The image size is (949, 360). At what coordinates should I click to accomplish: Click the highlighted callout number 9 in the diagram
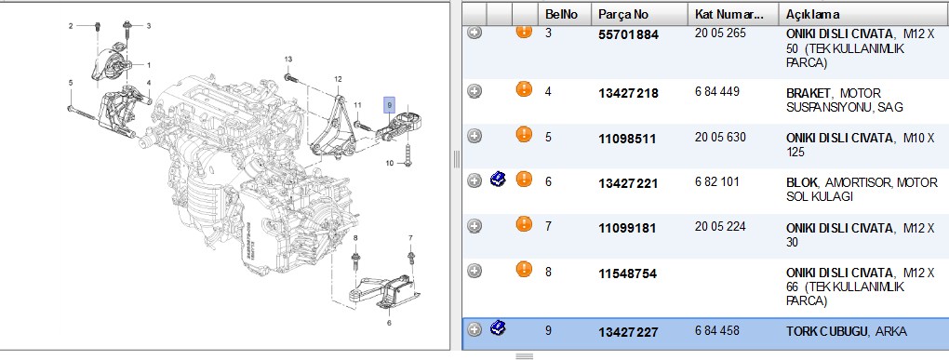(389, 105)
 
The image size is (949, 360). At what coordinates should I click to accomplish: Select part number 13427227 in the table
(628, 332)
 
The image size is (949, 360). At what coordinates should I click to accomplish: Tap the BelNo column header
(561, 15)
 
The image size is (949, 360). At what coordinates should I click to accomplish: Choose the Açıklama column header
(812, 15)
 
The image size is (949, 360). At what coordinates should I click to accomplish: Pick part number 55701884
(628, 35)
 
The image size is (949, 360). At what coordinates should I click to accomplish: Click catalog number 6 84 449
(717, 92)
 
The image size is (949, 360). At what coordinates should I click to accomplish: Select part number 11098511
(627, 139)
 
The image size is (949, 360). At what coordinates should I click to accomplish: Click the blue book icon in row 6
(498, 180)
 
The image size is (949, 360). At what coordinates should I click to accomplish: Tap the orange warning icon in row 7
(524, 224)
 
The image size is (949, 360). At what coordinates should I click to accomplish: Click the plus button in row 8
(475, 271)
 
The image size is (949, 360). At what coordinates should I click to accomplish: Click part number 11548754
(628, 273)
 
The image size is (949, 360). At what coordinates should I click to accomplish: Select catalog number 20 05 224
(720, 227)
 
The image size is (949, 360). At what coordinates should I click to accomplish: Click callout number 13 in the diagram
(288, 60)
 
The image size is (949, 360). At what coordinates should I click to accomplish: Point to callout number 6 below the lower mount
(389, 323)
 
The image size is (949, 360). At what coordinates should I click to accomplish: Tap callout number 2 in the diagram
(71, 25)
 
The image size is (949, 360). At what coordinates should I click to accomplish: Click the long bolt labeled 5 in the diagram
(82, 112)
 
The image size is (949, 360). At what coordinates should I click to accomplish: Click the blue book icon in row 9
(498, 329)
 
